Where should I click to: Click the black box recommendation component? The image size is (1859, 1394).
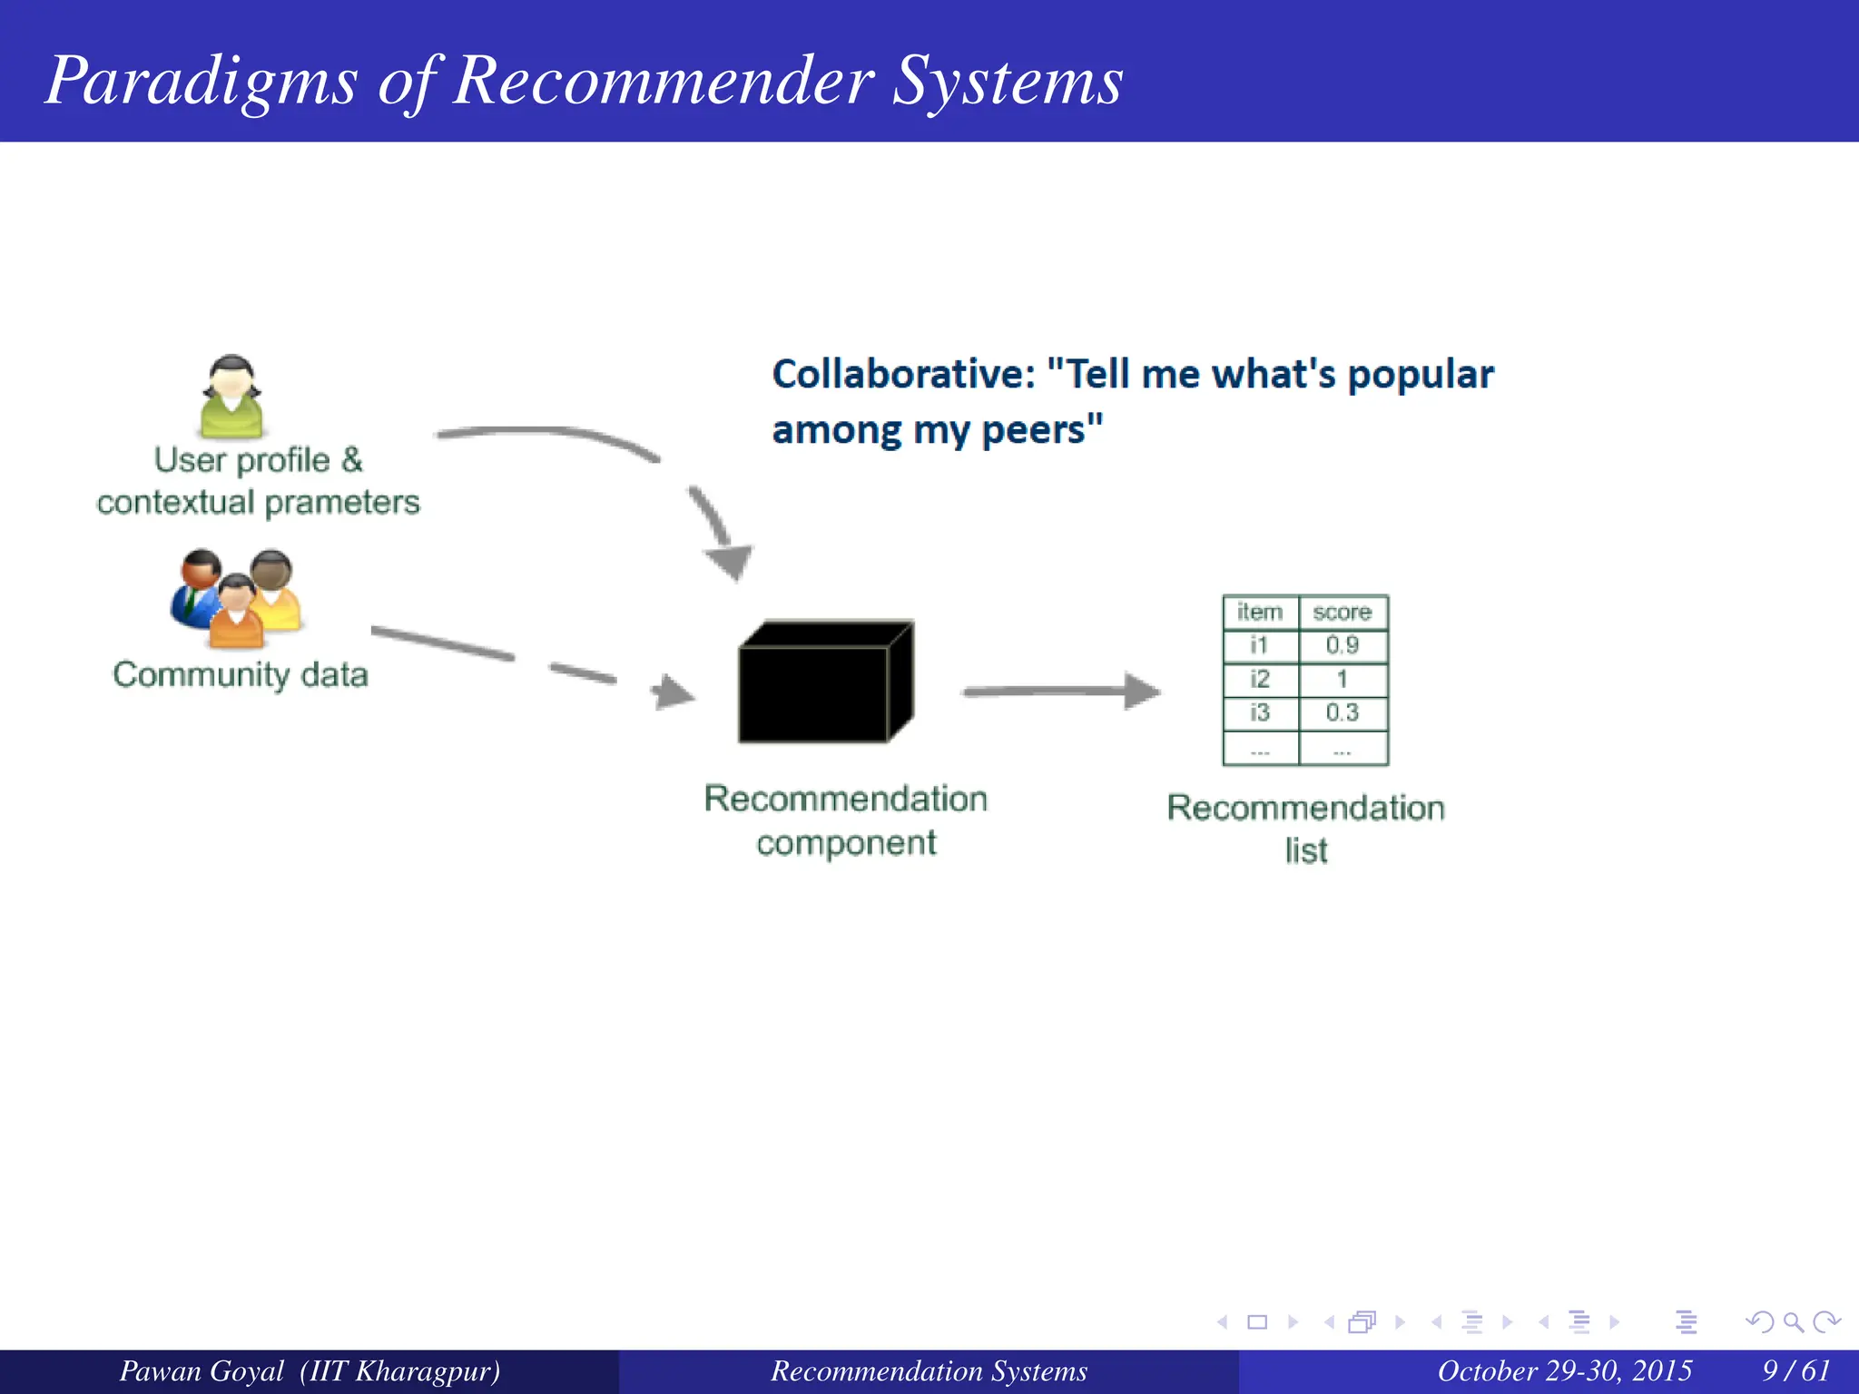[x=824, y=683]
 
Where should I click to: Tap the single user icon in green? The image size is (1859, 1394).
[x=231, y=397]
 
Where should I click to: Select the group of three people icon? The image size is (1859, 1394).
[x=236, y=598]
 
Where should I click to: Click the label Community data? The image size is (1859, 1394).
[x=241, y=675]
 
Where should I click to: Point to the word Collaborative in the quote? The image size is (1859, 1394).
[x=902, y=375]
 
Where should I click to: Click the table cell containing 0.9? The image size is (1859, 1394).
[x=1342, y=645]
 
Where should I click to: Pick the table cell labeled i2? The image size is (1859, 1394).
[x=1259, y=679]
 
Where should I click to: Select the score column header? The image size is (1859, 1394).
[x=1342, y=613]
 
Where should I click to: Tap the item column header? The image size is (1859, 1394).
[x=1259, y=613]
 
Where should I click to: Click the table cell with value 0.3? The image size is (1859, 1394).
[x=1342, y=712]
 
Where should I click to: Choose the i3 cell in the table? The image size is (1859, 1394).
[x=1259, y=712]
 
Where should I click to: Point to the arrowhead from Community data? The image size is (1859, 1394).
[x=672, y=692]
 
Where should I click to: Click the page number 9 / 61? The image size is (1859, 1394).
[x=1795, y=1370]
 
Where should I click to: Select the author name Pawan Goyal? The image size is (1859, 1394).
[x=202, y=1370]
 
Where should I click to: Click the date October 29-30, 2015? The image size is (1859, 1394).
[x=1564, y=1370]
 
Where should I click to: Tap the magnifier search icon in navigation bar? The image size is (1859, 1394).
[x=1793, y=1322]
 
